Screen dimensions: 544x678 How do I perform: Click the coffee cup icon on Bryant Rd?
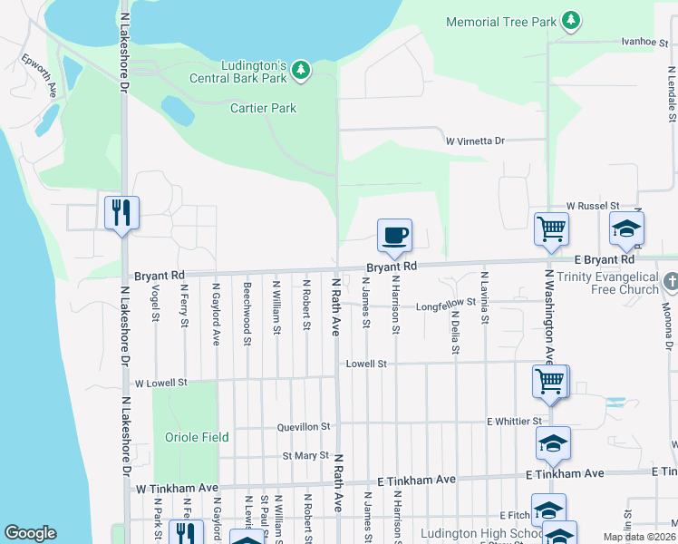(394, 237)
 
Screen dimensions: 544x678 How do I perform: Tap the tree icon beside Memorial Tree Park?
(570, 20)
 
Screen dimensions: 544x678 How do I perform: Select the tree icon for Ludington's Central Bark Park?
(301, 69)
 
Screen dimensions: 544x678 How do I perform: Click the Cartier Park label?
(264, 108)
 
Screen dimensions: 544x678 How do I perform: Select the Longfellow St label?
(446, 306)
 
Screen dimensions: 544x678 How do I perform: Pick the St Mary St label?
(305, 455)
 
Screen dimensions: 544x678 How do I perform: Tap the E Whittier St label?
(514, 422)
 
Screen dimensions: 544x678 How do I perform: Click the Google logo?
(30, 533)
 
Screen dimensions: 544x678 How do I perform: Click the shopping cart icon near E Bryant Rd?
(550, 230)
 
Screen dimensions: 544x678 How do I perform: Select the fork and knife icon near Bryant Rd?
(121, 214)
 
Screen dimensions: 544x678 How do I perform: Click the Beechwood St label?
(247, 313)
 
